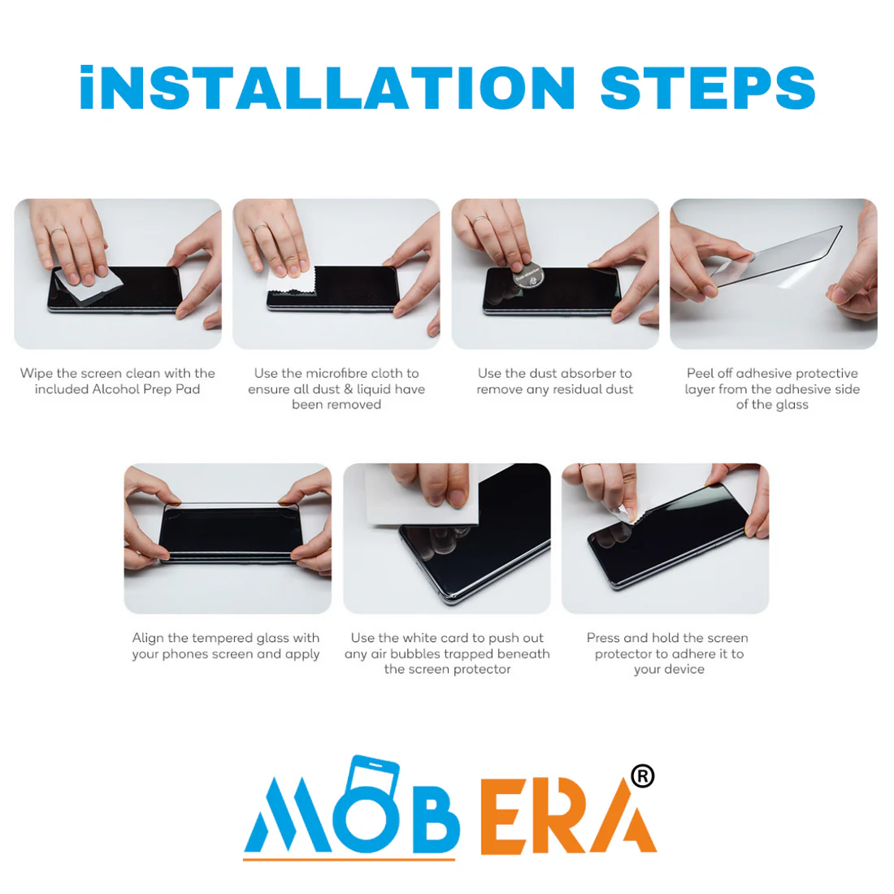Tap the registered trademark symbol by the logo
pyautogui.click(x=643, y=776)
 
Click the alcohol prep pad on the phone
pyautogui.click(x=91, y=286)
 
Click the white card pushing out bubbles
pyautogui.click(x=421, y=494)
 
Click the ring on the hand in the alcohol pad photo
pyautogui.click(x=57, y=232)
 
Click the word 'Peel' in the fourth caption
pyautogui.click(x=699, y=374)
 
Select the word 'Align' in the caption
pyautogui.click(x=148, y=638)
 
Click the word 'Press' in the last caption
pyautogui.click(x=603, y=638)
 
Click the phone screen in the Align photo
pyautogui.click(x=230, y=532)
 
